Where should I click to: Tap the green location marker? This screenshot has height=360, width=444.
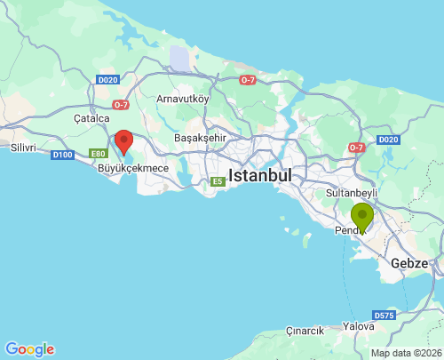(x=362, y=216)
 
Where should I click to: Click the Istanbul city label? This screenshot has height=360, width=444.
(x=260, y=175)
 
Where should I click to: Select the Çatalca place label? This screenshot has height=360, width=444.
(x=91, y=117)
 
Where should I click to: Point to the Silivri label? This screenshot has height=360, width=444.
(x=22, y=147)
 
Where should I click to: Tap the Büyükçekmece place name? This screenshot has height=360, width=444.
(x=131, y=167)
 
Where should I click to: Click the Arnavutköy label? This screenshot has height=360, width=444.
(x=184, y=100)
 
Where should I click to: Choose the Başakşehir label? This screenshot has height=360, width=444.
(x=201, y=138)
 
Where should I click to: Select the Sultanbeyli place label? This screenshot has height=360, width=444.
(x=353, y=192)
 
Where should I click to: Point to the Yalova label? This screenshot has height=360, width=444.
(x=359, y=326)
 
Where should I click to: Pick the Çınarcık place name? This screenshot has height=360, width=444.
(x=305, y=331)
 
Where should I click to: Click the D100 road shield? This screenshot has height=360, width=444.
(x=62, y=155)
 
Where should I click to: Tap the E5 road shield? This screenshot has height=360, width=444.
(x=218, y=181)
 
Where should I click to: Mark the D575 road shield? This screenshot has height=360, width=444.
(x=384, y=315)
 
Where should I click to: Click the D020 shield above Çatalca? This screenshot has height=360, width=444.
(x=107, y=80)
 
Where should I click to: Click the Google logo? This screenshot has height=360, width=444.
(x=29, y=349)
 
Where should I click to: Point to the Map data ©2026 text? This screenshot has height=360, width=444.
(x=406, y=353)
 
